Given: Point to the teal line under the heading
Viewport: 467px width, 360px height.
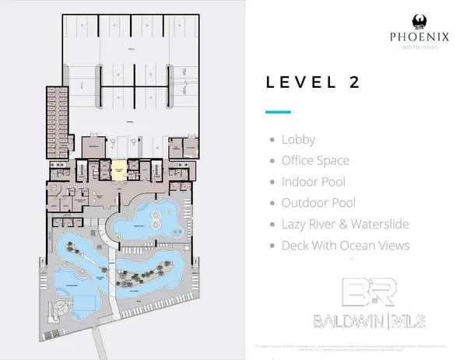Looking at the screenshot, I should tap(277, 112).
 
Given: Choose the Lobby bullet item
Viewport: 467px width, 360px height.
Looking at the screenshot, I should tap(298, 141).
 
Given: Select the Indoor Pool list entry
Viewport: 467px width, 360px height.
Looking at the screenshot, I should tap(312, 182).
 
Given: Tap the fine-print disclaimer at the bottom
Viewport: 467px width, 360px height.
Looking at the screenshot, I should tap(343, 346).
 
